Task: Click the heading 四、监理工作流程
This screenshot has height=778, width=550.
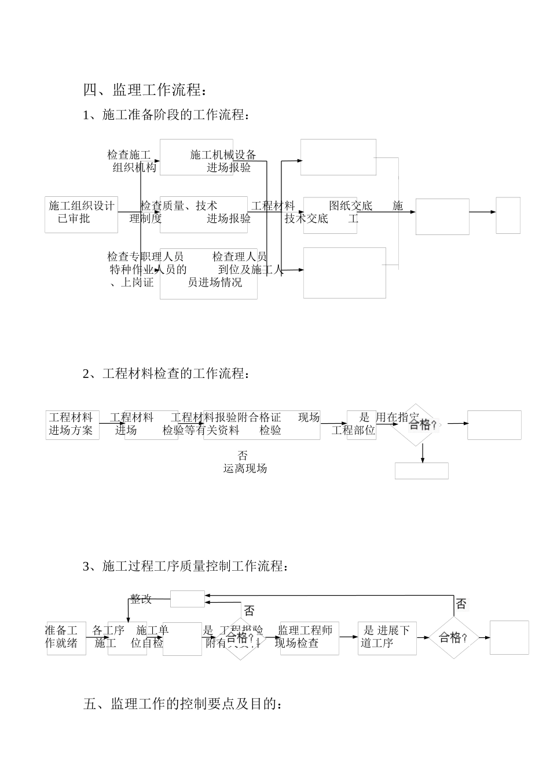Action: pyautogui.click(x=145, y=90)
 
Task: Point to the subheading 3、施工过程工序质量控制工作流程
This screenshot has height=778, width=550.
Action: pyautogui.click(x=185, y=566)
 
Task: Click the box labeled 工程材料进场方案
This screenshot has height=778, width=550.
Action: pyautogui.click(x=72, y=424)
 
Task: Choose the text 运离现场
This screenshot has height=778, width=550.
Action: pyautogui.click(x=245, y=468)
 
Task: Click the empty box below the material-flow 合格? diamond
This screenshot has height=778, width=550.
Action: pyautogui.click(x=421, y=471)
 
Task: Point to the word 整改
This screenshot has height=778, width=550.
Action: pyautogui.click(x=141, y=599)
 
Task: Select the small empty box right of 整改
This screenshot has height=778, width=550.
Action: pyautogui.click(x=187, y=599)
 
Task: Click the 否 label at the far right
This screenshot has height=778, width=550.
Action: pyautogui.click(x=461, y=604)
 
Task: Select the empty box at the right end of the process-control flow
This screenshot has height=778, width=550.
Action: pyautogui.click(x=509, y=637)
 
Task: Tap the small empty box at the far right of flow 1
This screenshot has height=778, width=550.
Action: pyautogui.click(x=508, y=215)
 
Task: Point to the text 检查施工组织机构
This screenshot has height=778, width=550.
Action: pyautogui.click(x=132, y=162)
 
